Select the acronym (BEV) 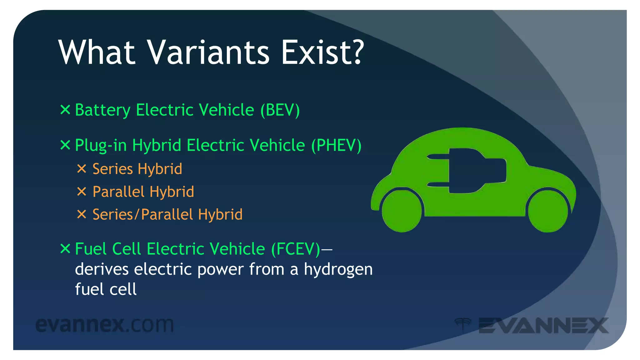coord(280,110)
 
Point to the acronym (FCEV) coord(296,249)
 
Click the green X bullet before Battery coord(65,110)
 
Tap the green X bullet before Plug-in coord(65,145)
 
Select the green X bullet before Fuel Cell coord(65,249)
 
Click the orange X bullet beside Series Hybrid coord(82,169)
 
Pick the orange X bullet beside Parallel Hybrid coord(82,192)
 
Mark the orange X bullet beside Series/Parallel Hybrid coord(82,214)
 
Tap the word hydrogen coord(338,270)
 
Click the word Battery coord(102,110)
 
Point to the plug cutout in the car coord(469,170)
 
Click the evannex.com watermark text coord(104,325)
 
